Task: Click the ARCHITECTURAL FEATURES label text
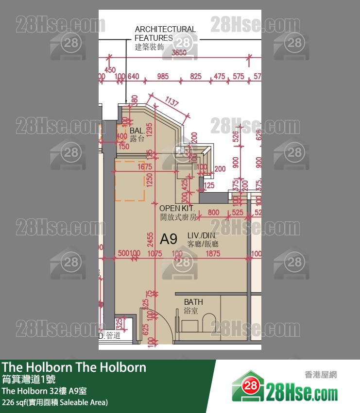pos(165,33)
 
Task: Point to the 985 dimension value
pos(163,76)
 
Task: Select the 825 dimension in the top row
pos(196,76)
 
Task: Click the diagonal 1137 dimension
pos(171,102)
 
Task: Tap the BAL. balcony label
pos(137,131)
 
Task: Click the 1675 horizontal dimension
pos(145,166)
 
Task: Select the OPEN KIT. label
pos(177,208)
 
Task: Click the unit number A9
pos(169,239)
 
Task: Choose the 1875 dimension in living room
pos(212,253)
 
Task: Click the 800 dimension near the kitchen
pos(213,212)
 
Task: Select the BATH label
pos(193,302)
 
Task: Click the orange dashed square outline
pos(129,181)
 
